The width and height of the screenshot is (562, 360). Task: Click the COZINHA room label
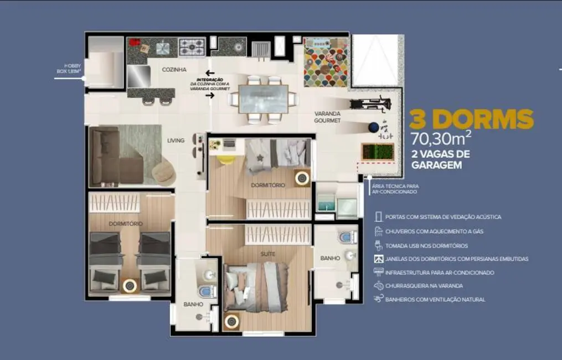[x=174, y=70]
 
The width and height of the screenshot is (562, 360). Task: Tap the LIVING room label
[x=176, y=141]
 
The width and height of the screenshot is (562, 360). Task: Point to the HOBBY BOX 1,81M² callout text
[x=69, y=68]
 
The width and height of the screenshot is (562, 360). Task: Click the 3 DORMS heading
[x=471, y=119]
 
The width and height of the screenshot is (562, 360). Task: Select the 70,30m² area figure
[x=441, y=137]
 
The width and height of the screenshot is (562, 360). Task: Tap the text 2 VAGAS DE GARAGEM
[x=441, y=159]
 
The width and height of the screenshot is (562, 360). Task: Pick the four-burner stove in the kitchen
[x=192, y=47]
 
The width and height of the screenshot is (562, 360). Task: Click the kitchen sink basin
[x=162, y=48]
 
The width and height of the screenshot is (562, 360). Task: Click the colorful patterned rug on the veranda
[x=326, y=63]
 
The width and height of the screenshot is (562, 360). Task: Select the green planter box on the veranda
[x=377, y=152]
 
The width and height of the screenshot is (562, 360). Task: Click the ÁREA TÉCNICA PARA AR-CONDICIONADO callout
[x=395, y=189]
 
